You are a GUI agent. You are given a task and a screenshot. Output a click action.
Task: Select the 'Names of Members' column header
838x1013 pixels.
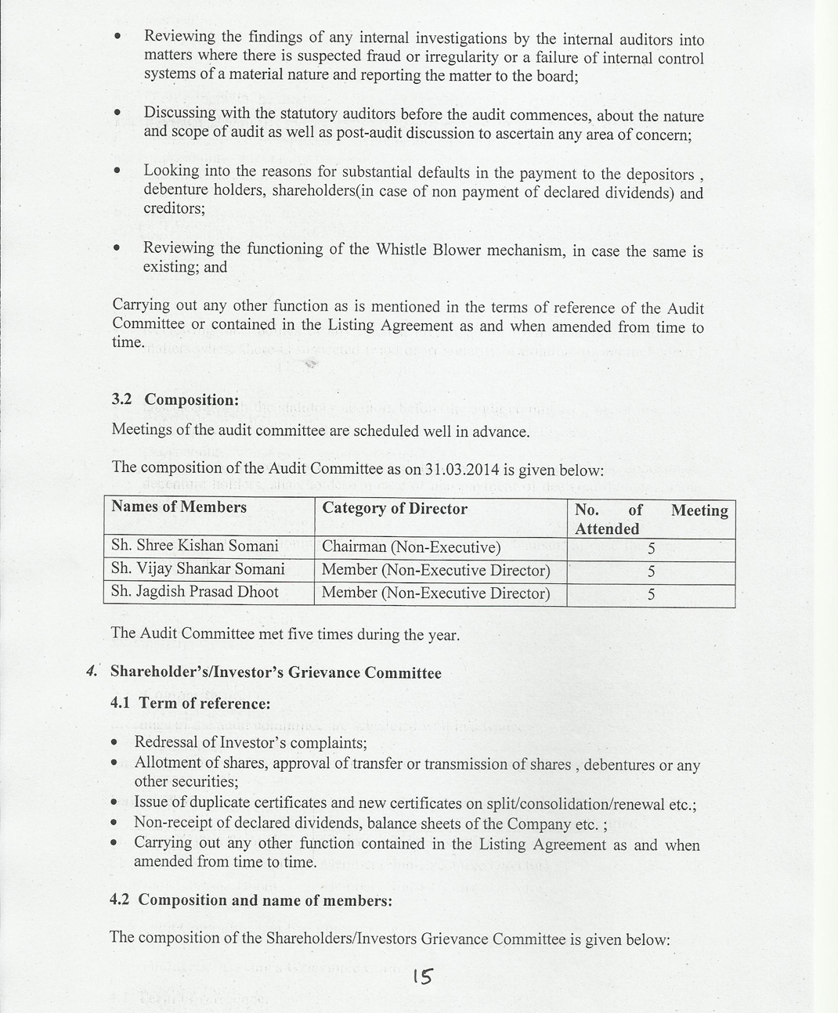[179, 507]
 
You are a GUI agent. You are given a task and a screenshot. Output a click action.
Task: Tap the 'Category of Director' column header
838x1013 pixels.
[395, 509]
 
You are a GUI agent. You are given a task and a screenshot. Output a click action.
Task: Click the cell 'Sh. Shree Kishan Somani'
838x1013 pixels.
[194, 546]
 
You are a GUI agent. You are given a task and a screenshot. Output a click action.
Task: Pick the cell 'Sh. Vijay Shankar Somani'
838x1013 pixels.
[197, 569]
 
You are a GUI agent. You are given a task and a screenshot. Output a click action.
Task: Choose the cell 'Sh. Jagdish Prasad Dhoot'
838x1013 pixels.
[194, 592]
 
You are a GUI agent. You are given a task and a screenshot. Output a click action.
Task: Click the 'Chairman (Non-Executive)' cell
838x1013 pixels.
[411, 547]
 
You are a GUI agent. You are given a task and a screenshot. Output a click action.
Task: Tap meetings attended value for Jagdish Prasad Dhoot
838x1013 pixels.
[651, 595]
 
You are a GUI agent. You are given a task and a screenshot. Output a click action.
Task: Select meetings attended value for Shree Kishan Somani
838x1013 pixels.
[651, 549]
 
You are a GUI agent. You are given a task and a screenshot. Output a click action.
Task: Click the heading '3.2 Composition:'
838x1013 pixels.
[175, 400]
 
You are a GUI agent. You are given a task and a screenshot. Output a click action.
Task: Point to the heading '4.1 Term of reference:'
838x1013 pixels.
[190, 703]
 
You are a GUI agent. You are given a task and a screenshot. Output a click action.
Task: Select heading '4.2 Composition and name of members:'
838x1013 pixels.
[251, 899]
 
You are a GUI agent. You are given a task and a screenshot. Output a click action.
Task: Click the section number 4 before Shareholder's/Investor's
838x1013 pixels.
[92, 671]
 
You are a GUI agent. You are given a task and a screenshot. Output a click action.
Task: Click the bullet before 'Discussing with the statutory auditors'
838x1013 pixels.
[117, 114]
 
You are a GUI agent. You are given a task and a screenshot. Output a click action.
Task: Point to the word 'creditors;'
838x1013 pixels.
[174, 209]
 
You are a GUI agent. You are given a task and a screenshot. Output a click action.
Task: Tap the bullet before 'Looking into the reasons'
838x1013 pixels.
[117, 171]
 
